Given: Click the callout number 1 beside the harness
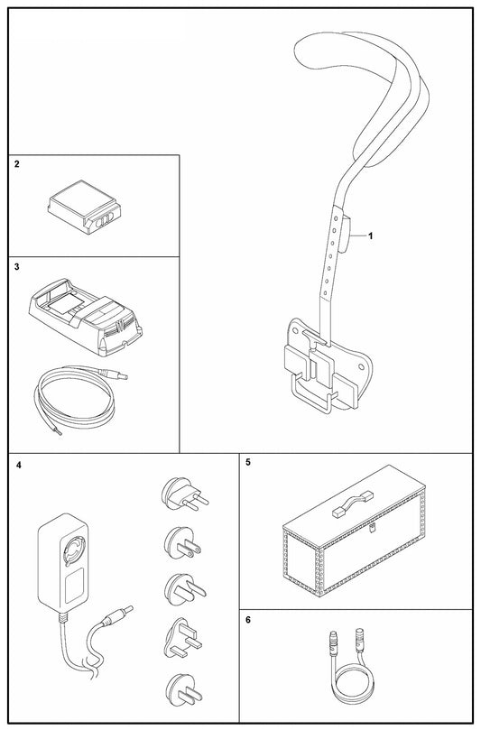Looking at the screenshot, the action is pos(371,236).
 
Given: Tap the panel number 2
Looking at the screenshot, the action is pos(17,164).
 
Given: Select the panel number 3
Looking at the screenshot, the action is pos(17,267).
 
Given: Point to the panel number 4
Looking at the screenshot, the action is pos(18,465).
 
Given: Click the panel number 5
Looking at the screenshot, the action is pos(248,462).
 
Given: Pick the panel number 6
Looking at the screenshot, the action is pos(248,620).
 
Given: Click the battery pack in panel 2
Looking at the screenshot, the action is pos(84,211).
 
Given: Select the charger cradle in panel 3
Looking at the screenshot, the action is pos(86,317).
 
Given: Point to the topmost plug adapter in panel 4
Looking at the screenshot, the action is pos(184,494).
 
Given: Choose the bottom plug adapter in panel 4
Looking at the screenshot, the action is pos(182,690).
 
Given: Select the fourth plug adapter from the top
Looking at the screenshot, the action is pos(182,639).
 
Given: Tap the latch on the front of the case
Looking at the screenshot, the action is pos(371,528).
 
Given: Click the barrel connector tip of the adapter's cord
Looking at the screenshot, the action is pos(127,610).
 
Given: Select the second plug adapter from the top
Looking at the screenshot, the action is pos(182,543).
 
